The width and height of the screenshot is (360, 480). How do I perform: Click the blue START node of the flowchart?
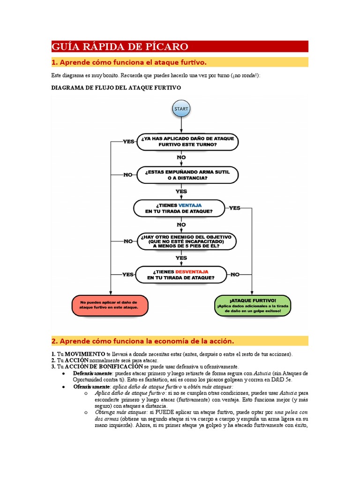pyautogui.click(x=181, y=109)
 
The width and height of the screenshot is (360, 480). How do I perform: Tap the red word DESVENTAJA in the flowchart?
pyautogui.click(x=192, y=271)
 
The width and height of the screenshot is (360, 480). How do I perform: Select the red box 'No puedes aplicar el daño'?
pyautogui.click(x=110, y=305)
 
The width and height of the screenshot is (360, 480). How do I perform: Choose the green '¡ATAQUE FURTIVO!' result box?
pyautogui.click(x=253, y=305)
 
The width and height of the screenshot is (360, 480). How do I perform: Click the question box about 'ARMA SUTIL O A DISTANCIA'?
pyautogui.click(x=187, y=175)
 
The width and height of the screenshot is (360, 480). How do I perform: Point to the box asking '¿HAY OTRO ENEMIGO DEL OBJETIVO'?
pyautogui.click(x=187, y=241)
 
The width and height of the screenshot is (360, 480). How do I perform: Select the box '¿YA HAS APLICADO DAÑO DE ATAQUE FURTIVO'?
pyautogui.click(x=187, y=142)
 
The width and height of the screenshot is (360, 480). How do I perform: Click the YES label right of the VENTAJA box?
pyautogui.click(x=235, y=208)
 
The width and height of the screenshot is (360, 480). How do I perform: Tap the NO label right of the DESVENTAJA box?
pyautogui.click(x=235, y=274)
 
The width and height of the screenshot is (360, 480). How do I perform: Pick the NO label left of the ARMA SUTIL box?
pyautogui.click(x=128, y=175)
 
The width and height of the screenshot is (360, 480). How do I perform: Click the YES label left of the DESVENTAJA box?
pyautogui.click(x=128, y=274)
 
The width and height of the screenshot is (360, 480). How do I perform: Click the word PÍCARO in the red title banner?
pyautogui.click(x=168, y=46)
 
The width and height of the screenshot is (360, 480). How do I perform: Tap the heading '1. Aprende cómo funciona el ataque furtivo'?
pyautogui.click(x=129, y=62)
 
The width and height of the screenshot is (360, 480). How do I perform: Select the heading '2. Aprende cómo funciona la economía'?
pyautogui.click(x=142, y=340)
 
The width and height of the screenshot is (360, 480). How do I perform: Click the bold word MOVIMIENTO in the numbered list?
pyautogui.click(x=85, y=354)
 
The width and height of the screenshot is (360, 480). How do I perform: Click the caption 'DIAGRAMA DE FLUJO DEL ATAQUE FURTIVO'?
pyautogui.click(x=116, y=88)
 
